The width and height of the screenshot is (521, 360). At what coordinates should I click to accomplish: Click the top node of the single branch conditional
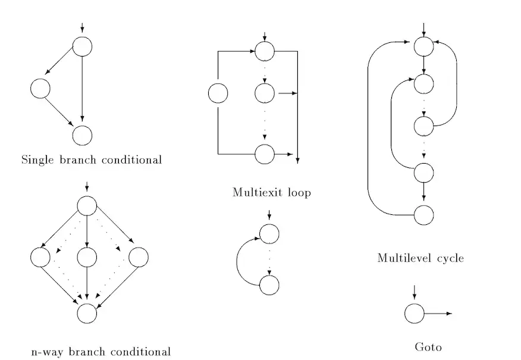click(82, 46)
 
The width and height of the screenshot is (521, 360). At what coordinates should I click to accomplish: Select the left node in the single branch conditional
click(40, 89)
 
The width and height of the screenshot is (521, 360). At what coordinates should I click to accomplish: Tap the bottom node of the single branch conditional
click(82, 135)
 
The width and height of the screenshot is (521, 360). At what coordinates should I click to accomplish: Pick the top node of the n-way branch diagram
click(87, 206)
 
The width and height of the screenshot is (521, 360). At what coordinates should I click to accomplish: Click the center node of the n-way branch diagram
click(87, 258)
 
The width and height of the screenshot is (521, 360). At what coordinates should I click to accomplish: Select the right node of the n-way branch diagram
click(138, 258)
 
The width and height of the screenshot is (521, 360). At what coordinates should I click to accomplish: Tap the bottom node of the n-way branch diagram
click(87, 313)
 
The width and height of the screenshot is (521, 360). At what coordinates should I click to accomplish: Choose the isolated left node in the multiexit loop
click(218, 93)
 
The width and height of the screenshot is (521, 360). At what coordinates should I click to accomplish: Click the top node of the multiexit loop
click(265, 51)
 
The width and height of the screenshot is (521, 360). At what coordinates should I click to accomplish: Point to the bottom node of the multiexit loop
click(265, 154)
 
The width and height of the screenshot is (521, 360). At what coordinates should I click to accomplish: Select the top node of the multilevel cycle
click(423, 45)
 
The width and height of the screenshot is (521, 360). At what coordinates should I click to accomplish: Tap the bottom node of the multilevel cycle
click(423, 214)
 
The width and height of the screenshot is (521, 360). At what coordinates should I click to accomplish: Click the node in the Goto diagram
click(415, 313)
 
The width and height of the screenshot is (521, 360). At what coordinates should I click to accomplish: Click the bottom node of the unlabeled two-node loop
click(269, 285)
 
